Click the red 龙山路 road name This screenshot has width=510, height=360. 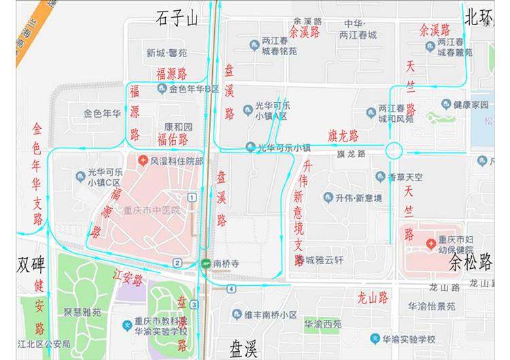tap(373, 297)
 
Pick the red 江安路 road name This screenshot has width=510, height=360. tap(128, 279)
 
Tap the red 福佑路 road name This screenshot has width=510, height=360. tap(173, 140)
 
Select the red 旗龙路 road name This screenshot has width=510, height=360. tap(343, 134)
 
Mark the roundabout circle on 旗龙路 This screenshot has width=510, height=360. tap(394, 150)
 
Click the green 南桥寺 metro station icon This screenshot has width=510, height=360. tap(205, 263)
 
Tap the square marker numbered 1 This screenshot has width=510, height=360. tap(192, 197)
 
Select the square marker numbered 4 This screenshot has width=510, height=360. tap(232, 289)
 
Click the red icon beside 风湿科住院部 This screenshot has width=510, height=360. tap(143, 161)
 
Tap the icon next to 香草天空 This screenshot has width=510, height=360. tap(381, 177)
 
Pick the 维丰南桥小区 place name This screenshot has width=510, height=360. tap(271, 314)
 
